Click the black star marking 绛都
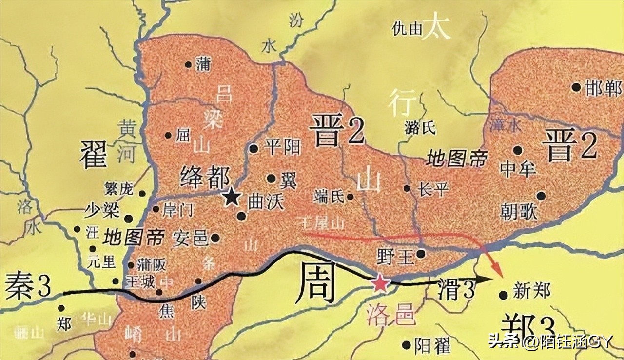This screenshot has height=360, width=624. [x=232, y=197]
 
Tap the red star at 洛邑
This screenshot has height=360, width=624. [x=379, y=283]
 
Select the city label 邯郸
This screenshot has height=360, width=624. [x=604, y=88]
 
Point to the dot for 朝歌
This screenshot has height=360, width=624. [x=541, y=196]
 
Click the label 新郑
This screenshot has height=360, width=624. [x=531, y=292]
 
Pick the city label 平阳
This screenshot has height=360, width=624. [x=282, y=147]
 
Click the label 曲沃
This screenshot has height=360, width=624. [x=266, y=203]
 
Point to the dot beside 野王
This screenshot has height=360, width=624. [x=421, y=254]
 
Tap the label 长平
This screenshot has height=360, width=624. [x=433, y=189]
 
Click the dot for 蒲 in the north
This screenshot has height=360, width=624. [x=188, y=64]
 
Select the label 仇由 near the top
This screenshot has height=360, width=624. [x=407, y=29]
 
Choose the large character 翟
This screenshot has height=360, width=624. [x=93, y=154]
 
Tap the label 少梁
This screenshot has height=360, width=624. [x=101, y=212]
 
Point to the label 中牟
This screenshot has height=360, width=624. [x=518, y=169]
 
